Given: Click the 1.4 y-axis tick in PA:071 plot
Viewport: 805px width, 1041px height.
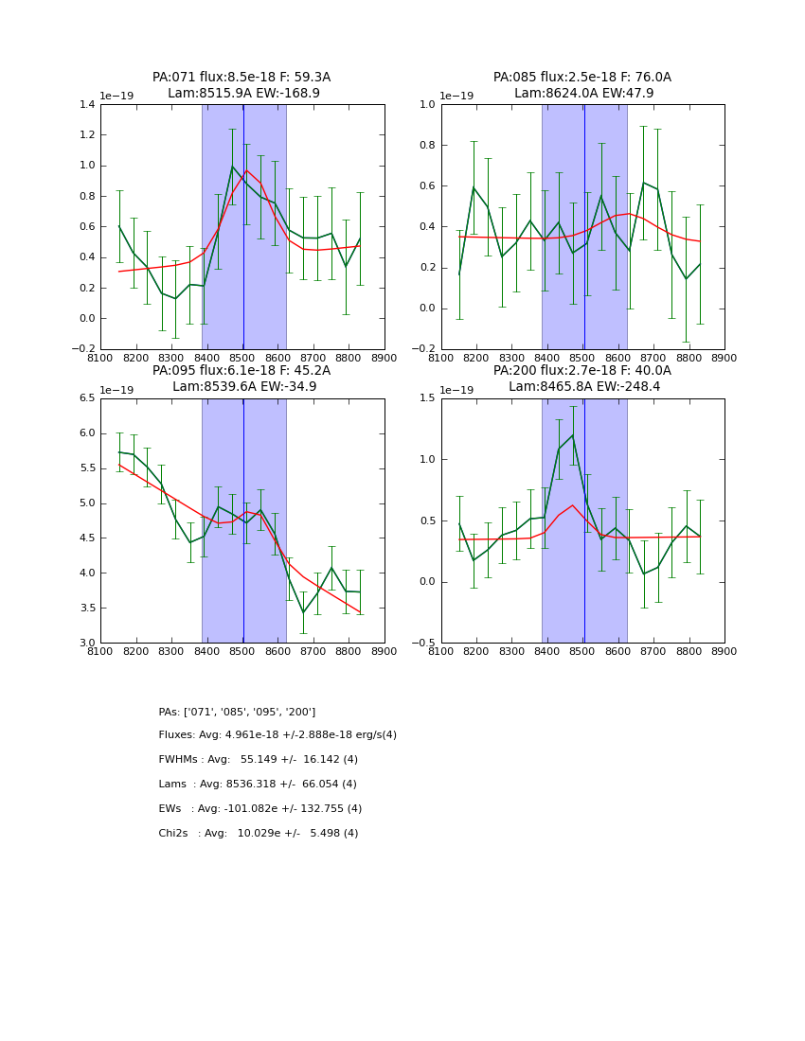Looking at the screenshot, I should click(x=86, y=105).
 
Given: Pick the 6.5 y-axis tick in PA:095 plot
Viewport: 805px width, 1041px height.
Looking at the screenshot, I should click(x=86, y=398).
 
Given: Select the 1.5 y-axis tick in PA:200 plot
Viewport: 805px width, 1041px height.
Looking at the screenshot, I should click(x=426, y=398).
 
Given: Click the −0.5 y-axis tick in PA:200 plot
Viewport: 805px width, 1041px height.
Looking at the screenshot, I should click(x=423, y=644).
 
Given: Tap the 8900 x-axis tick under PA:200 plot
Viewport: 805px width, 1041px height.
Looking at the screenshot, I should click(x=724, y=651).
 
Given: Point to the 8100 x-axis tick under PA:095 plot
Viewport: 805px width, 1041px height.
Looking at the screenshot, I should click(x=100, y=651).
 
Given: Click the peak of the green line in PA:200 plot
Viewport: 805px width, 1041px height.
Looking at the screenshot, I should click(x=573, y=435).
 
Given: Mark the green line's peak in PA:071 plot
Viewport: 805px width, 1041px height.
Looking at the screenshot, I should click(x=232, y=167).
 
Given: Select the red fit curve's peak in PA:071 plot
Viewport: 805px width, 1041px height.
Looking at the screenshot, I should click(x=247, y=171).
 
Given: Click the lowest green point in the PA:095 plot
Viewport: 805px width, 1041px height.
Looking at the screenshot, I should click(x=303, y=612).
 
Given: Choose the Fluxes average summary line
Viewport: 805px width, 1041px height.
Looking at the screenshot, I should click(x=277, y=735).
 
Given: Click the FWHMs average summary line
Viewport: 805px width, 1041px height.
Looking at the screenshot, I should click(x=259, y=760).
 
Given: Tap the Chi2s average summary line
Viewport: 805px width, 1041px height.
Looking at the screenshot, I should click(x=259, y=834).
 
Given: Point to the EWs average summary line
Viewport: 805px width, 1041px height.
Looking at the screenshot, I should click(x=260, y=809).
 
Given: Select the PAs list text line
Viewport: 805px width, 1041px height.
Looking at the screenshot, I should click(x=237, y=712).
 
